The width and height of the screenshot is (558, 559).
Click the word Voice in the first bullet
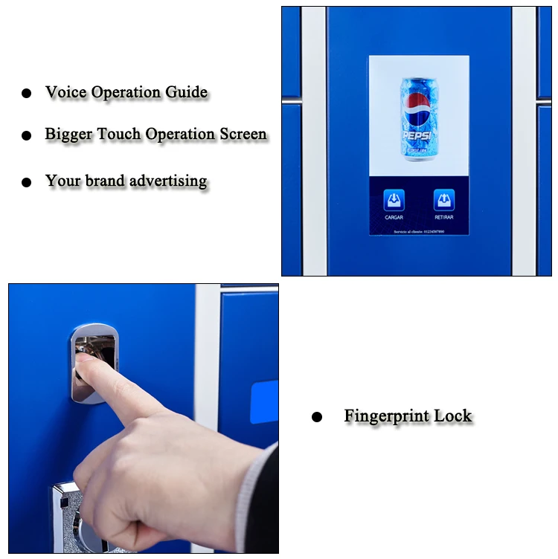65,93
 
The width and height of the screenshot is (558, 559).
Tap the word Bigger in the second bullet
68,135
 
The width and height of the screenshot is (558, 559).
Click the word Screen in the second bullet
243,135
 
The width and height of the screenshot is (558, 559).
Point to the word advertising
168,181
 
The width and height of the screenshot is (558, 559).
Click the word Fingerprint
386,417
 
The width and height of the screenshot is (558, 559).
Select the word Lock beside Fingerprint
453,416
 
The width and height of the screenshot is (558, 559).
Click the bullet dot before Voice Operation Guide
27,94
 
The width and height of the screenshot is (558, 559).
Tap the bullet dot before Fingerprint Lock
317,417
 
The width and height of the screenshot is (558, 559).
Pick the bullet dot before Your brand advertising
27,182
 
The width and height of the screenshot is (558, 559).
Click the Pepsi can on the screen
419,118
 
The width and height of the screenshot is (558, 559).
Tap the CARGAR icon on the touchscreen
394,201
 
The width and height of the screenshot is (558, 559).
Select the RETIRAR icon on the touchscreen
444,201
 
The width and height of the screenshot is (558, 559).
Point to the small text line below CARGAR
419,231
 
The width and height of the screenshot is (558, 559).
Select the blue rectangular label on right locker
264,402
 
